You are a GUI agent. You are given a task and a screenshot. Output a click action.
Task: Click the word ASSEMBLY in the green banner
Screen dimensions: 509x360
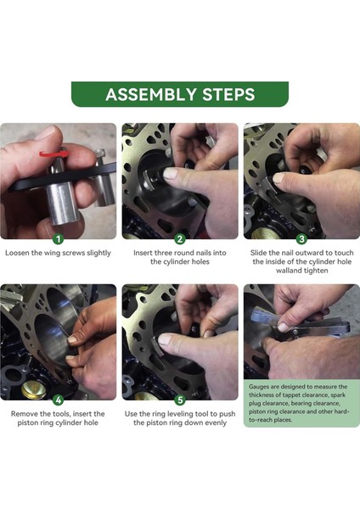tap(149, 94)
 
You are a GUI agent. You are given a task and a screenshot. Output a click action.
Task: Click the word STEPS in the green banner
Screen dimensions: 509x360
tap(226, 94)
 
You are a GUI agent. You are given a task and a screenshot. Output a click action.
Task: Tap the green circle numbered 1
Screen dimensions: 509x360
tap(59, 239)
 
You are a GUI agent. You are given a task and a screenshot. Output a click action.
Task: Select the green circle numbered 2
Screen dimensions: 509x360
tap(180, 239)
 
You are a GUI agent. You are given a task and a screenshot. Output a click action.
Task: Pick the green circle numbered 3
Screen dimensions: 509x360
tap(301, 239)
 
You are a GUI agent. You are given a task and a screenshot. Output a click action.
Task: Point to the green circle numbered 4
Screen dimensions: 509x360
tap(59, 400)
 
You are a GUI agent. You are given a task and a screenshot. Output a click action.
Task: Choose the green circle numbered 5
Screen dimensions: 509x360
tap(180, 400)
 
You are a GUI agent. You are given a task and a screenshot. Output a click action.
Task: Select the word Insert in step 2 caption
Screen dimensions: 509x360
tap(146, 253)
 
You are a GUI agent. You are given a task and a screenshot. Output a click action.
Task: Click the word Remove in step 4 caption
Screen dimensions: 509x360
tap(26, 413)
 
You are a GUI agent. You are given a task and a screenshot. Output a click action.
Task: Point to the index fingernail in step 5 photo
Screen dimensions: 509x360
tap(166, 339)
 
